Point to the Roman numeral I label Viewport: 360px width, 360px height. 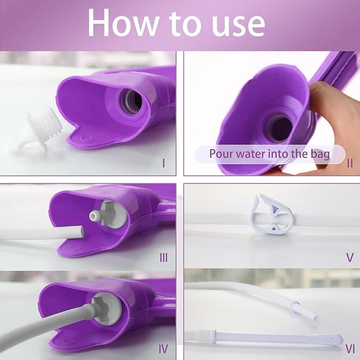click(163, 163)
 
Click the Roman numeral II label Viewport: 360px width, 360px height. click(350, 163)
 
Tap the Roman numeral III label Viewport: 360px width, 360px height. click(163, 258)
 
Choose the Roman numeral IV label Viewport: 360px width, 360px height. click(163, 349)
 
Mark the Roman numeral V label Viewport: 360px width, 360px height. click(350, 258)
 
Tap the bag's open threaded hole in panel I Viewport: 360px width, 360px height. click(131, 101)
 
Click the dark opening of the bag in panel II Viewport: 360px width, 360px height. click(278, 127)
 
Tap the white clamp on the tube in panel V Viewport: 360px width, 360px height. click(271, 215)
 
